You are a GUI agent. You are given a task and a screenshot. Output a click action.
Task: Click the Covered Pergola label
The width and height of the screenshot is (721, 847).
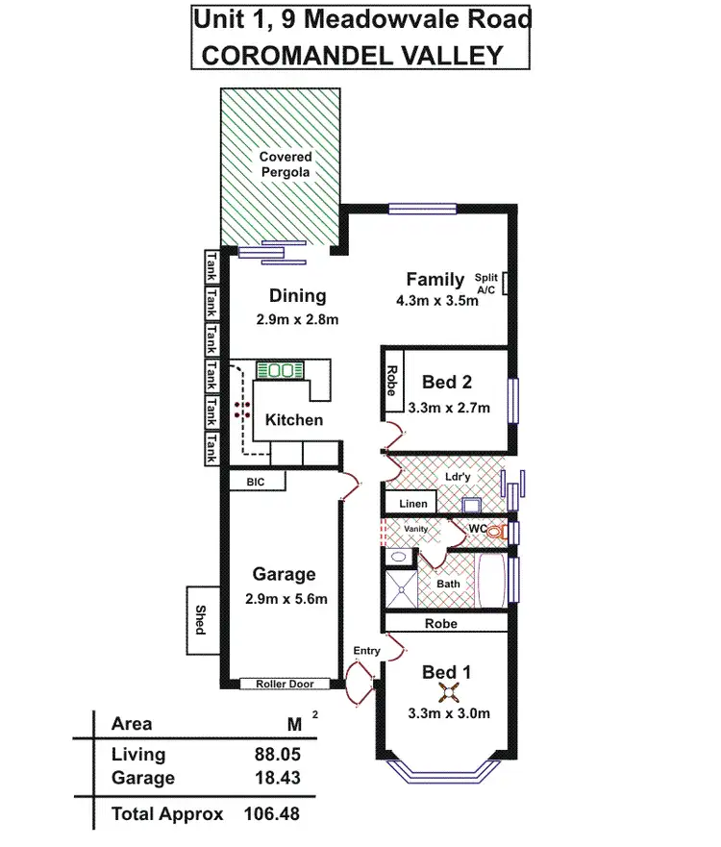tap(286, 164)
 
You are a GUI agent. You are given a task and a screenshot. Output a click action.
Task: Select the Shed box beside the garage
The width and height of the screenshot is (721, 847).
tap(201, 620)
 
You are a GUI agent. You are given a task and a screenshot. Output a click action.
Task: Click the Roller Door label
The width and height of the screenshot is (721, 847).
tap(285, 685)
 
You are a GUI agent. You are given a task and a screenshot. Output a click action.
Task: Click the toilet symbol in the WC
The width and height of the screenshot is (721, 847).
tap(495, 531)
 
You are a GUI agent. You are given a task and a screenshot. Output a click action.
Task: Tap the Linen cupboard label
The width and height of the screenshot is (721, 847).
tap(410, 503)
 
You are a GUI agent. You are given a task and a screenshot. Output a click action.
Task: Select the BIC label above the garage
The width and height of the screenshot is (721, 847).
tap(255, 482)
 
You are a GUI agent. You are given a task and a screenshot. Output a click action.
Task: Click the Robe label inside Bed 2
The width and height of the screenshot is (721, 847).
tap(392, 381)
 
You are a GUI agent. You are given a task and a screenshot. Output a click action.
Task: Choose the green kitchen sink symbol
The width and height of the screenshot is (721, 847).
tap(280, 370)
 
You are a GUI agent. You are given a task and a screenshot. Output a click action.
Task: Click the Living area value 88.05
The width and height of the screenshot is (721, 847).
tap(267, 756)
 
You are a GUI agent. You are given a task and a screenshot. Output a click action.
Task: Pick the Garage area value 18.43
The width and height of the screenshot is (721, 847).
tap(267, 778)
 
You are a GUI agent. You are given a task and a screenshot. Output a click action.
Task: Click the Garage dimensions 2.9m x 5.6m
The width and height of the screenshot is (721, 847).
tap(284, 600)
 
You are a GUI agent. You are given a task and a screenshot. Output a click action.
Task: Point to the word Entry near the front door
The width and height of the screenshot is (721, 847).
tap(366, 651)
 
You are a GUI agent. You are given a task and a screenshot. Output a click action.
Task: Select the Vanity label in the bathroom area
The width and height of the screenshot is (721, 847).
tap(415, 529)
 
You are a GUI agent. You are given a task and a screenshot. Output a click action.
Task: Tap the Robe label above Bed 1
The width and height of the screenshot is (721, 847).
tap(441, 623)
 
